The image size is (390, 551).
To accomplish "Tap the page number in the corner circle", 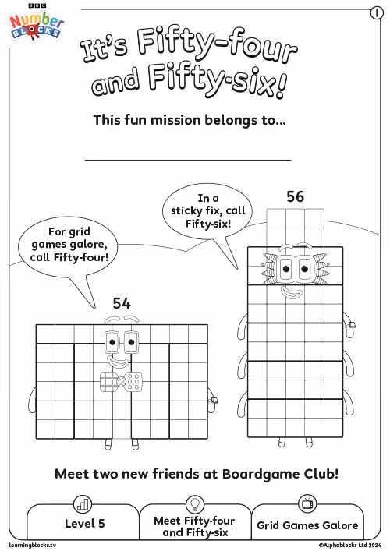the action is pos(377,13).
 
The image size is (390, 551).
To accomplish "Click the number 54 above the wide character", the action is pos(122,303).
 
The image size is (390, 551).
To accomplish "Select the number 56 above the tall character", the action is pos(295,196).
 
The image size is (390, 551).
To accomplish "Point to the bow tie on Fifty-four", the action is pos(122,382).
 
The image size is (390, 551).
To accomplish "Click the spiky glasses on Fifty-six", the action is pos(296,268).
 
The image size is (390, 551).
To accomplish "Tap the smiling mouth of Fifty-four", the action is pos(118,362).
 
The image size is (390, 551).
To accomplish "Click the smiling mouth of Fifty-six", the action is pos(292,292).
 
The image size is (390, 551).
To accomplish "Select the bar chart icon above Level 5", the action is pos(83,504).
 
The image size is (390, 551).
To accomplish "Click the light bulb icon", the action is pos(195,504).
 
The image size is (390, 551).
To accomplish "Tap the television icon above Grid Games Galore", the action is pos(307,503).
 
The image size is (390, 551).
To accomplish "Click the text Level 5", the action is pos(85,524).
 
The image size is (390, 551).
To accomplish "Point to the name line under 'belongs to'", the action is pos(188,161).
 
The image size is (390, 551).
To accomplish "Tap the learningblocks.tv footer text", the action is pos(32,546).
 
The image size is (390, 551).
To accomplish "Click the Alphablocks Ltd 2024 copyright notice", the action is pos(350,546).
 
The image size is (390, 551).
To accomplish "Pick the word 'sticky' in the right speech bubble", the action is pos(186,211).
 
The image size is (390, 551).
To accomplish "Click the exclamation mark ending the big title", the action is pos(280,87).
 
